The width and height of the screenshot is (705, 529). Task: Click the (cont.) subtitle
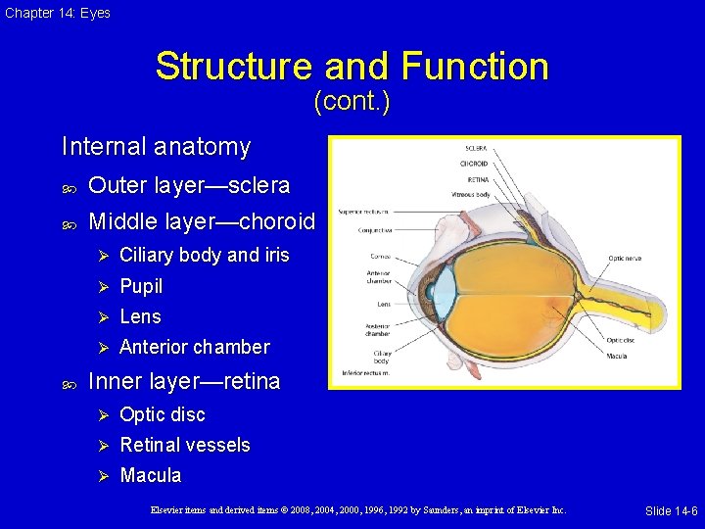tap(352, 101)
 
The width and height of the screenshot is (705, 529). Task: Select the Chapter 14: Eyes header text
tap(57, 13)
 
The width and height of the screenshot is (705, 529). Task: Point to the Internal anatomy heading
tap(156, 147)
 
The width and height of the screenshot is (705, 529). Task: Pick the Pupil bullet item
tap(141, 286)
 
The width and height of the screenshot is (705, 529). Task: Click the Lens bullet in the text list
tap(140, 316)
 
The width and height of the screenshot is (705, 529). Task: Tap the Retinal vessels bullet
tap(184, 445)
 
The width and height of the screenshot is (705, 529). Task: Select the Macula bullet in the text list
tap(150, 475)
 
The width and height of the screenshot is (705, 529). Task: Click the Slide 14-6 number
tap(671, 511)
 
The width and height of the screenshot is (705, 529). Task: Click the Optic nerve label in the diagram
tap(625, 258)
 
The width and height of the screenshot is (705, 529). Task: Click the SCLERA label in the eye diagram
tap(473, 149)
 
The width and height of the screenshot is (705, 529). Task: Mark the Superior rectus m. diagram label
tap(361, 210)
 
